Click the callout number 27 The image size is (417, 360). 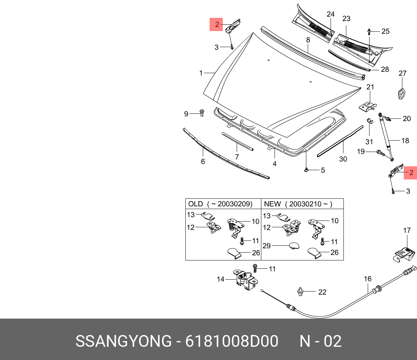pos(402,73)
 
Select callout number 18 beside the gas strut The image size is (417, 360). pos(405,141)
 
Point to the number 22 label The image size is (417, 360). pos(322,292)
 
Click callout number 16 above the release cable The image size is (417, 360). pos(368,279)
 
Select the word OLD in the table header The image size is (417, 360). pos(195,204)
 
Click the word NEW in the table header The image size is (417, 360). pos(272,204)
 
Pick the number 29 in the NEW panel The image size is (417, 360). pos(267,245)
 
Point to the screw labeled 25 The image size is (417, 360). pos(369,32)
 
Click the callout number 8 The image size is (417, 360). pos(308,40)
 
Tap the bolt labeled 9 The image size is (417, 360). pos(202,113)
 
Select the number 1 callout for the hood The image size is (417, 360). pos(201,73)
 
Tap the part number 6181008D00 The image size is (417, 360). pos(232,341)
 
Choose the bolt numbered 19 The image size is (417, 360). pos(380,153)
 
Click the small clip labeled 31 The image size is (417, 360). pos(370,121)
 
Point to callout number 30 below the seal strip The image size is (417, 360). pos(343,159)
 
